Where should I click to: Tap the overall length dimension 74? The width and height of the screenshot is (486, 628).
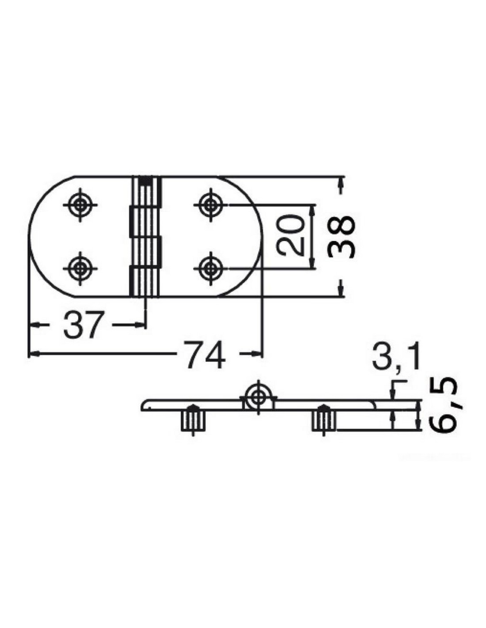205,355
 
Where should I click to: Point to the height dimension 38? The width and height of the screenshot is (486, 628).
341,238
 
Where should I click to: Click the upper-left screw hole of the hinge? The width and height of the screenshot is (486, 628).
80,205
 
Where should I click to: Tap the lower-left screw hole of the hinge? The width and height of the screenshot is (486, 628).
80,268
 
